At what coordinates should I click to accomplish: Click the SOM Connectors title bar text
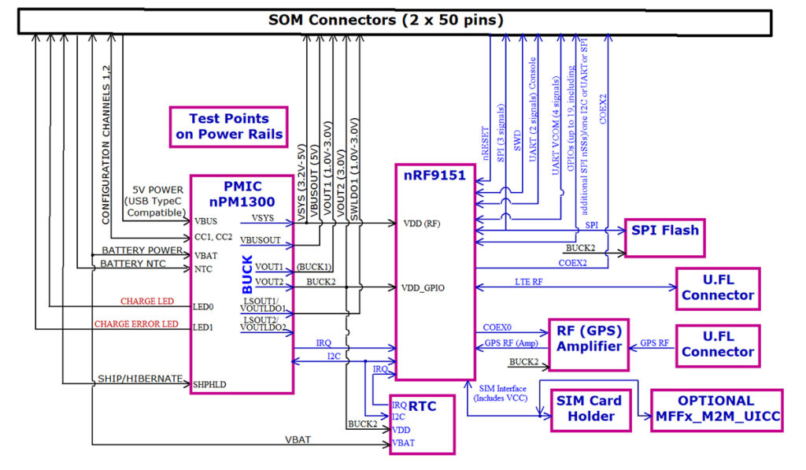tap(386, 19)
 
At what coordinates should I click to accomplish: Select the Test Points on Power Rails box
tap(228, 127)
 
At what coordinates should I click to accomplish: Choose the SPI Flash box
tap(664, 231)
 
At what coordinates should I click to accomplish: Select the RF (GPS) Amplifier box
tap(588, 339)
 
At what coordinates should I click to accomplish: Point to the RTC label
tap(422, 406)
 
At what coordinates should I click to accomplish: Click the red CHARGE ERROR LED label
tap(136, 324)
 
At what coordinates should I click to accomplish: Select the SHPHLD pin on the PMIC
tap(210, 383)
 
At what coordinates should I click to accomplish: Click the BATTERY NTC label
tap(133, 264)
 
